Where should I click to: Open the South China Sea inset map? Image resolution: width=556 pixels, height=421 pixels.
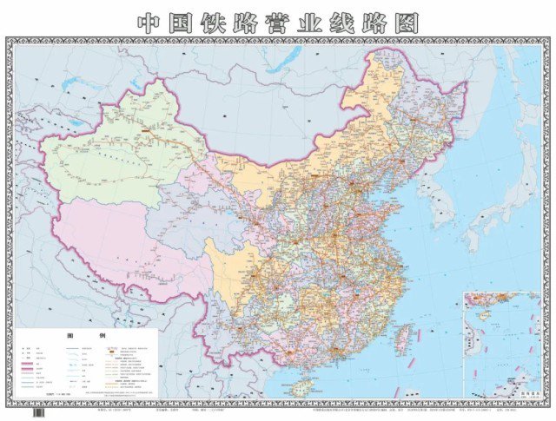[x=502, y=343]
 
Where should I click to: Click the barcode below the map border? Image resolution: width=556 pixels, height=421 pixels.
[x=39, y=413]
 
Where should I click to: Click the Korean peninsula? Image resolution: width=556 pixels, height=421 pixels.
[x=440, y=195]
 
